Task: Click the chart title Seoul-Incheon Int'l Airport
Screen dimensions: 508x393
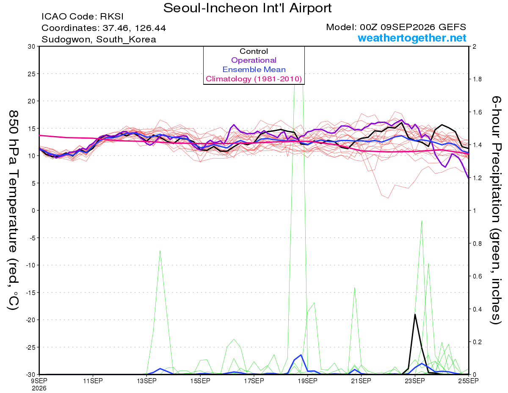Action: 247,8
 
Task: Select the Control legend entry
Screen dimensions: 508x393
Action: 254,51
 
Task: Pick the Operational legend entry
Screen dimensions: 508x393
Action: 254,60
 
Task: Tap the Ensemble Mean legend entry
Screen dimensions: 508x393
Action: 254,70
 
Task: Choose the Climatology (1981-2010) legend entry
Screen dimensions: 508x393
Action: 254,79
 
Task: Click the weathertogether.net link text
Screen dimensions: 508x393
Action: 412,38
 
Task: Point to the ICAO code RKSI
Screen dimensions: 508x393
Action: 111,17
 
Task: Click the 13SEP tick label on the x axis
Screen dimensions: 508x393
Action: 146,381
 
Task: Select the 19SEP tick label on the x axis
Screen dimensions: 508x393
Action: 307,381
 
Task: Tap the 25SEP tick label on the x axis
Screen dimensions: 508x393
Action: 468,381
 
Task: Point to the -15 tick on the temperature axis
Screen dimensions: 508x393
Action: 30,293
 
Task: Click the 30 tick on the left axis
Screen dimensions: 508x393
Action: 31,47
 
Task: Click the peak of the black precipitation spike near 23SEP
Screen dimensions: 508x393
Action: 415,314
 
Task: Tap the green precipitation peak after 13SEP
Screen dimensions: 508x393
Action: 160,251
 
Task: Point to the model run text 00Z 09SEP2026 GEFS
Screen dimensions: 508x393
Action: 413,27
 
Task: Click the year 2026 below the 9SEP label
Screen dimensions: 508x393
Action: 39,389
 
